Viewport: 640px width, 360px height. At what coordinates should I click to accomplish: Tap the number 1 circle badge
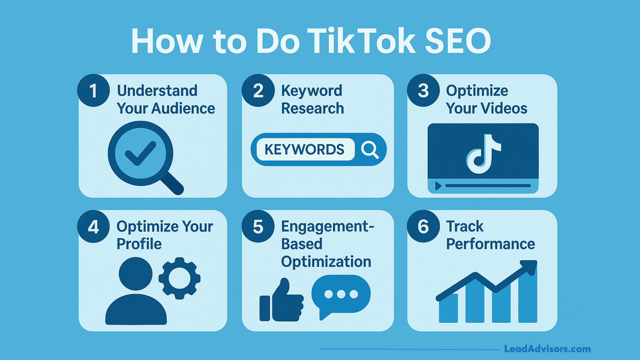pyautogui.click(x=93, y=90)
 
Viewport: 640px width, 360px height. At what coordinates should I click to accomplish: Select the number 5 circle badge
pyautogui.click(x=258, y=226)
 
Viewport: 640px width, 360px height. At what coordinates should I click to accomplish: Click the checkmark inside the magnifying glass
pyautogui.click(x=140, y=153)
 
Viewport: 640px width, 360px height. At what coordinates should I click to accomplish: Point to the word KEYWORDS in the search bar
pyautogui.click(x=304, y=150)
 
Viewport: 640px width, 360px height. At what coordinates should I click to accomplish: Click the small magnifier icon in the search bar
pyautogui.click(x=370, y=150)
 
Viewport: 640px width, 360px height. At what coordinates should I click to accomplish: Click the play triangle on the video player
pyautogui.click(x=438, y=186)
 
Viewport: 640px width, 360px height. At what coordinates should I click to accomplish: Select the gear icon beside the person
pyautogui.click(x=179, y=278)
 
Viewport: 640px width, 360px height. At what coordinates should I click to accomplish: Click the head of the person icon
pyautogui.click(x=135, y=274)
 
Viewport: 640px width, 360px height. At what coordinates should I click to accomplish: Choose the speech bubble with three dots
pyautogui.click(x=341, y=295)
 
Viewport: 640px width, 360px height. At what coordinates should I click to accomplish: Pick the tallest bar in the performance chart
pyautogui.click(x=528, y=297)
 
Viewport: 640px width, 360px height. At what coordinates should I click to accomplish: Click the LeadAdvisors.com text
pyautogui.click(x=547, y=349)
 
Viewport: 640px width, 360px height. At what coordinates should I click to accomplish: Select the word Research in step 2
pyautogui.click(x=312, y=109)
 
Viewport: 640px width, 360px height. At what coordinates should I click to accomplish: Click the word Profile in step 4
pyautogui.click(x=139, y=244)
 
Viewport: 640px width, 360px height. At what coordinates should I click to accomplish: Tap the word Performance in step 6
pyautogui.click(x=490, y=244)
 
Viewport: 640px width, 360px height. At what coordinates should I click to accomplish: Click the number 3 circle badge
pyautogui.click(x=423, y=90)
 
